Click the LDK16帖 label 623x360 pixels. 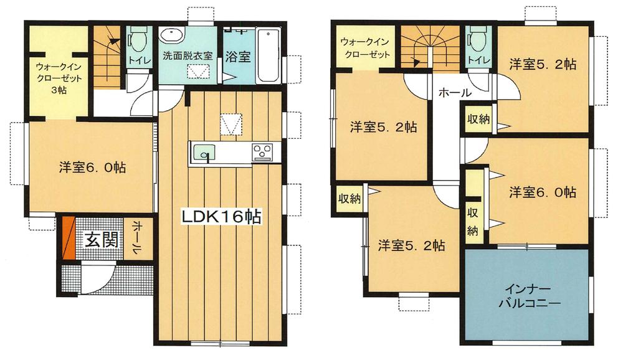(221, 217)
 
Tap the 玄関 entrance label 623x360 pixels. (102, 240)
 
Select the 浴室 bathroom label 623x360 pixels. (237, 57)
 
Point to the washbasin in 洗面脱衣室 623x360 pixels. (172, 36)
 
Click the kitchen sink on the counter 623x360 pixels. (204, 153)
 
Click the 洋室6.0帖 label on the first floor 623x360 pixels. (92, 168)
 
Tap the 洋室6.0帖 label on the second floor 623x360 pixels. (543, 192)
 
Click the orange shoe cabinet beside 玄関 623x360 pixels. (69, 237)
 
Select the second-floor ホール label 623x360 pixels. (455, 93)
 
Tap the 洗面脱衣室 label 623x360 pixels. (188, 55)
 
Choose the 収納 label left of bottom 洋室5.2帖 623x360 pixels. (350, 198)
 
